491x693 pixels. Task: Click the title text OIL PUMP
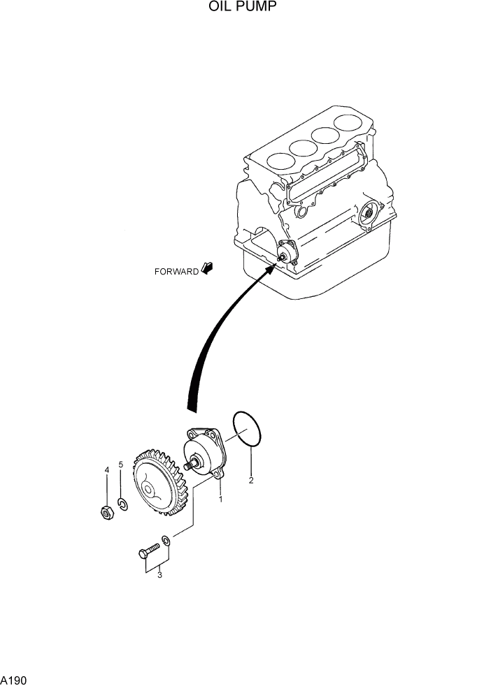(x=241, y=8)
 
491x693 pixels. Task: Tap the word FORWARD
(x=176, y=272)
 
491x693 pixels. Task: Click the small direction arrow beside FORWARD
(x=207, y=268)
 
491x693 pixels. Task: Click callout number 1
(x=220, y=499)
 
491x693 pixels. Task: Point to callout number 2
(x=251, y=480)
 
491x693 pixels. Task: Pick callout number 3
(x=159, y=575)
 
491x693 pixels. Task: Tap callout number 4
(x=107, y=470)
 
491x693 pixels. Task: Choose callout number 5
(x=121, y=465)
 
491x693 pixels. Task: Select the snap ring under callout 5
(x=122, y=505)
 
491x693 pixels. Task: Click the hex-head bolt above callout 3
(x=149, y=553)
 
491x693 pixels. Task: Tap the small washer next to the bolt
(x=166, y=540)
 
